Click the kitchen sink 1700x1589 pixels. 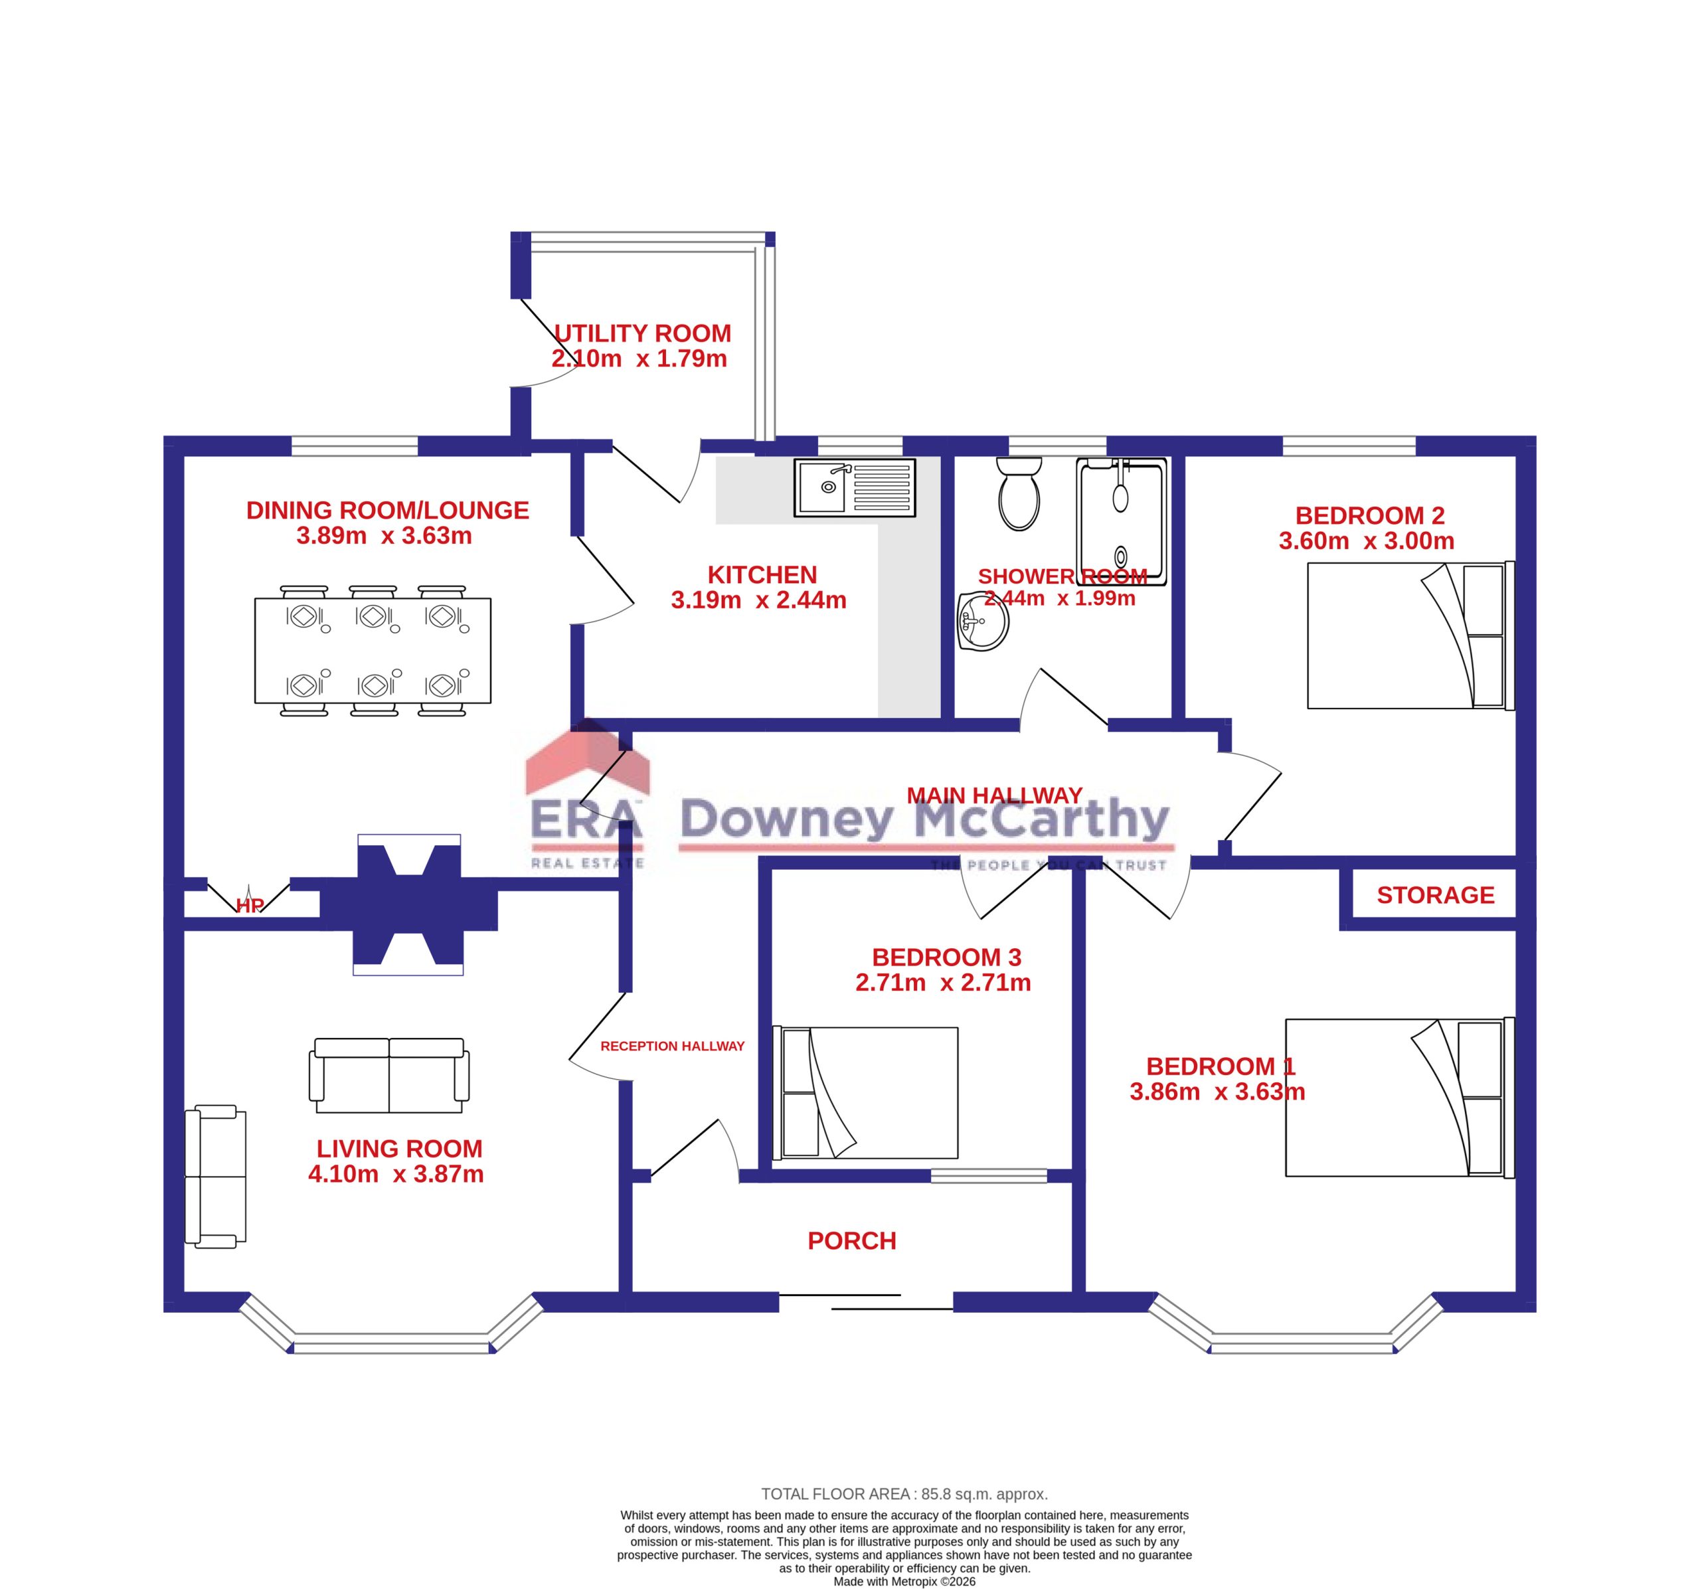coord(854,487)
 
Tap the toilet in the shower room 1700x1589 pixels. coord(1019,493)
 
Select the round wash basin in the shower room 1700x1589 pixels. coord(983,621)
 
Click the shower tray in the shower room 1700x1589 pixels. coord(1122,522)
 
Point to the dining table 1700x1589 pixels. coord(373,650)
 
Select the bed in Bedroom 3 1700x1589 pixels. coord(865,1092)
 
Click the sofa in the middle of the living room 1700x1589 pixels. coord(389,1076)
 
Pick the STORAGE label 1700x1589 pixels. coord(1436,895)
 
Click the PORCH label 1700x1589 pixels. coord(852,1241)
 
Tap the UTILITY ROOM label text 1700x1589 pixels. coord(642,333)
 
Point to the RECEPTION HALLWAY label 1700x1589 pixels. coord(672,1046)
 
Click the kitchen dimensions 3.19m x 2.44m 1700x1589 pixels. coord(758,600)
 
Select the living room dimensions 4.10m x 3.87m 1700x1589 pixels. coord(396,1174)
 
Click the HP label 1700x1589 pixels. coord(249,906)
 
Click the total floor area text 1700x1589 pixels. coord(904,1494)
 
